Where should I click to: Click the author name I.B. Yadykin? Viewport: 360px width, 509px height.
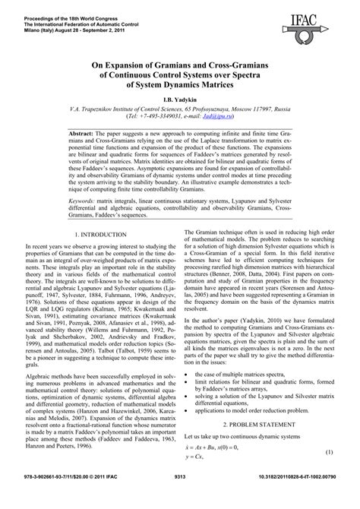click(179, 100)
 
